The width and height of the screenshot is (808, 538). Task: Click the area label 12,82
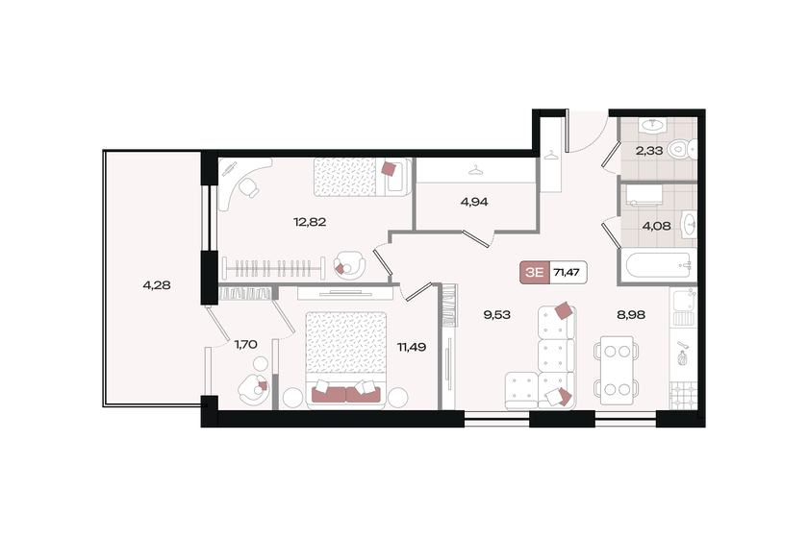tap(308, 221)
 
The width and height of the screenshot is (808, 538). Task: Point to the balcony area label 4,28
tap(157, 284)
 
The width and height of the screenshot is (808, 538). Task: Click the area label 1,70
tap(245, 341)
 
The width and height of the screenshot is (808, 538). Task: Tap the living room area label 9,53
tap(496, 313)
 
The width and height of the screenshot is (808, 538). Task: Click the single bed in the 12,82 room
tap(362, 176)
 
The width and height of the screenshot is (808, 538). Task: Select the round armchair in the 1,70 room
tap(253, 388)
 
